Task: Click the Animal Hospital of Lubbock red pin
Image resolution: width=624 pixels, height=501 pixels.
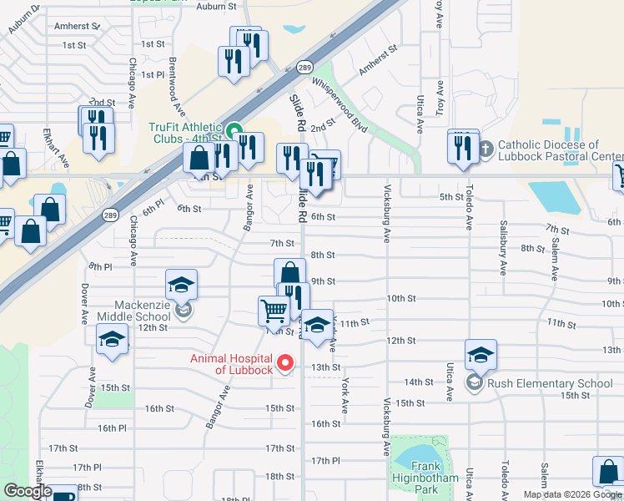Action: tap(285, 362)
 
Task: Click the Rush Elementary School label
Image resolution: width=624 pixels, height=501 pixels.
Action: tap(551, 383)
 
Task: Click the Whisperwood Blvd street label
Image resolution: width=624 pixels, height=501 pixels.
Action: tap(339, 105)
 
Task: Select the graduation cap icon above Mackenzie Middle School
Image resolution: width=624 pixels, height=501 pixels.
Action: tap(181, 285)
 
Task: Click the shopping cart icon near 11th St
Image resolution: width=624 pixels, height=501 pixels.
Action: tap(274, 311)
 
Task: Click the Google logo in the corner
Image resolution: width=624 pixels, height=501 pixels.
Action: tap(28, 491)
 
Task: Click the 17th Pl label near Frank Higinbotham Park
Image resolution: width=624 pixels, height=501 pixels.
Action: tap(325, 461)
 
